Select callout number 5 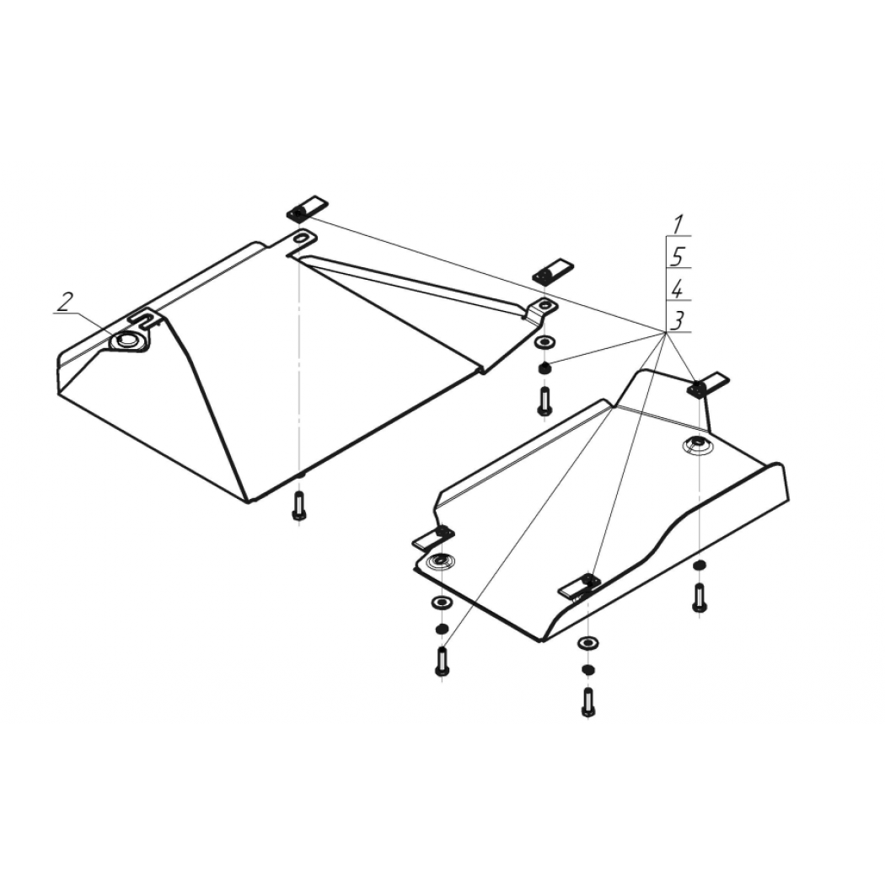678,257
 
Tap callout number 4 678,290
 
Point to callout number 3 678,320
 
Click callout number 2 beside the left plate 65,302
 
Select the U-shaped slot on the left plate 146,318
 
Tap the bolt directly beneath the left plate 299,506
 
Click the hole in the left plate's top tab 303,236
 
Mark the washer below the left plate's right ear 544,342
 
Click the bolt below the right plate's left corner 442,661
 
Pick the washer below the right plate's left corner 441,603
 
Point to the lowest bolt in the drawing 588,703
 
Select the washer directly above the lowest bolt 588,643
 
